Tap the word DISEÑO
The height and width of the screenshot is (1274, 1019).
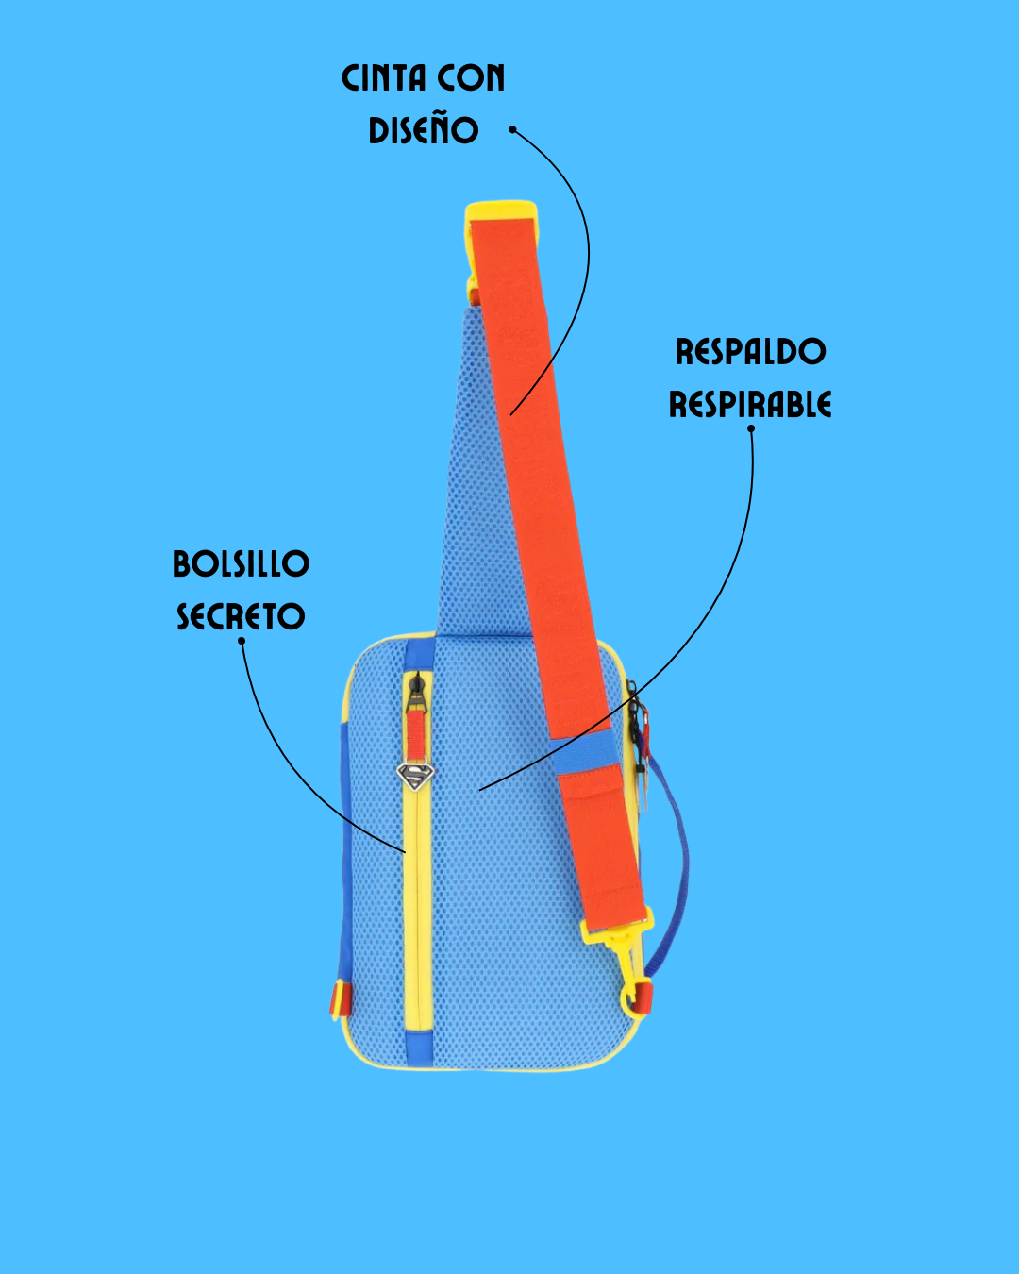(424, 130)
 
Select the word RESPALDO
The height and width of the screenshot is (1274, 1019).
(750, 352)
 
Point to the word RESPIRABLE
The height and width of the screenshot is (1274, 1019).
(750, 405)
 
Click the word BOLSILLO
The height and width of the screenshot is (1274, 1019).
(241, 564)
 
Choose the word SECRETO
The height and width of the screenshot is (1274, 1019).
(241, 617)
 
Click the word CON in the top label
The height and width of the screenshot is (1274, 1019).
(476, 78)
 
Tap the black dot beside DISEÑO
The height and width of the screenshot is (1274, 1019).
(513, 129)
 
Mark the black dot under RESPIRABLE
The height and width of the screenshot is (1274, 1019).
(751, 428)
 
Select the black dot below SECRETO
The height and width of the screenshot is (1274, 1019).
(242, 641)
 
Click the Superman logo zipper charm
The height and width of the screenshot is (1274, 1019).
(414, 777)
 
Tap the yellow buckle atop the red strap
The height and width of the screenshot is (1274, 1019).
(500, 212)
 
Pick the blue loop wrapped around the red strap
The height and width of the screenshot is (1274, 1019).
(586, 753)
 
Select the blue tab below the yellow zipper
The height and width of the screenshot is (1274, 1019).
(418, 1047)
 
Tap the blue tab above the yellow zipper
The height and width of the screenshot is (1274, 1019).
(419, 652)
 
